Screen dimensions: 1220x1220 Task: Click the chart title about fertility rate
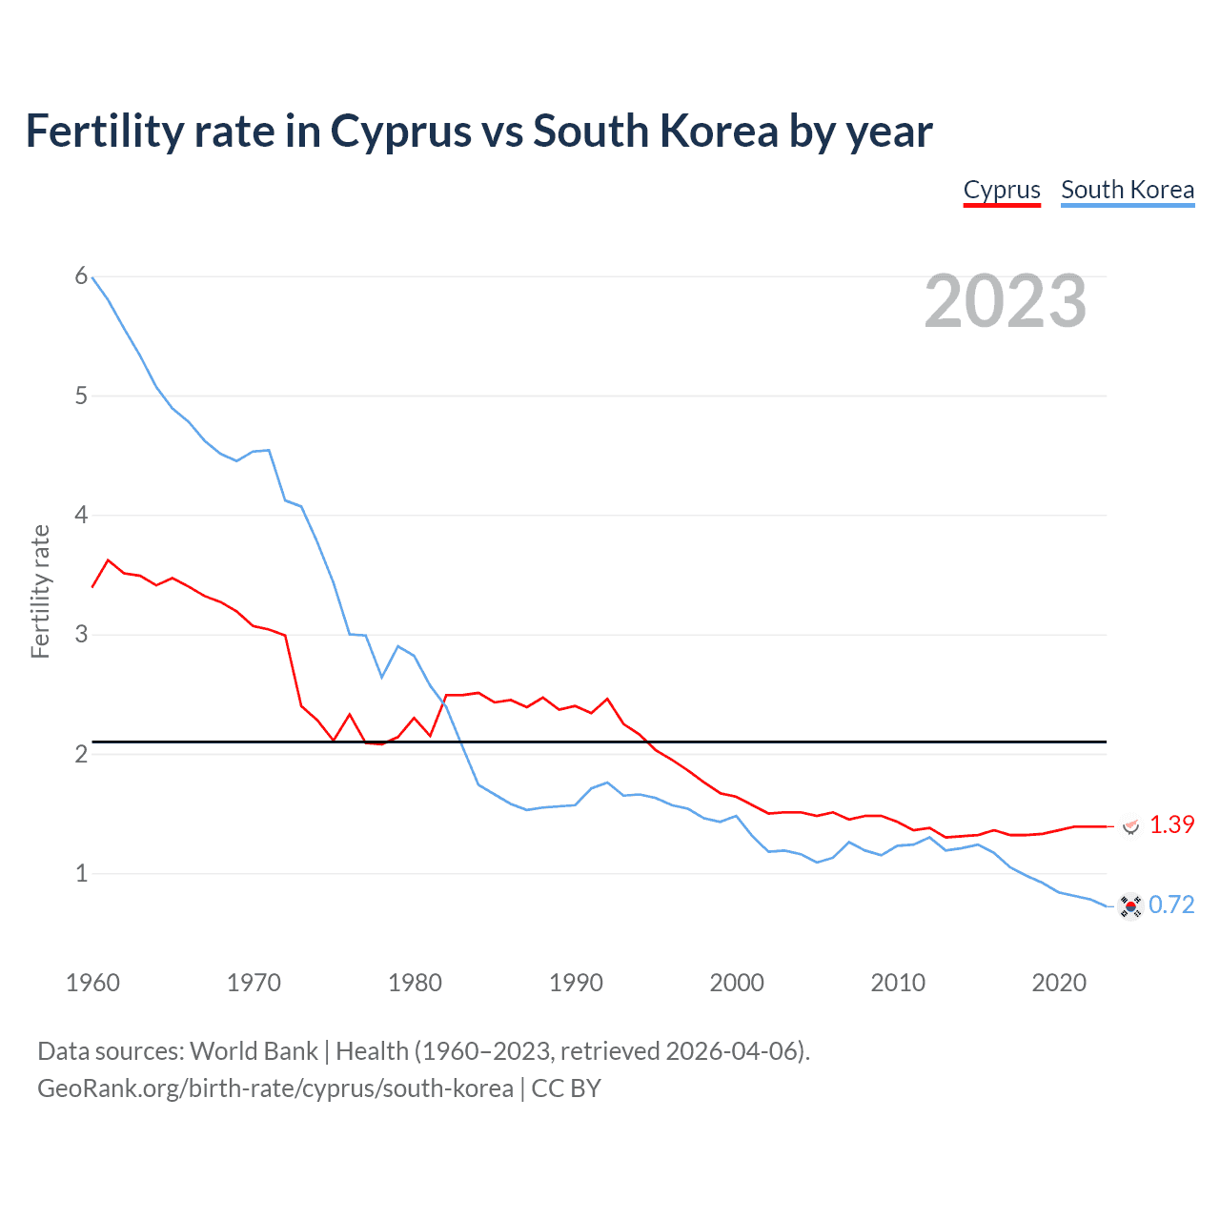(478, 132)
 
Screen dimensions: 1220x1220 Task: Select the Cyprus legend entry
(1002, 190)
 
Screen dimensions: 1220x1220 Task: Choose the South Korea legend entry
(1128, 190)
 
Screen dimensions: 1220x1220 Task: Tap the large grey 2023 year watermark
(1006, 301)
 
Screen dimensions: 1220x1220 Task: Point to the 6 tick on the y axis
(81, 276)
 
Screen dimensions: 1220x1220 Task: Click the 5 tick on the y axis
(81, 396)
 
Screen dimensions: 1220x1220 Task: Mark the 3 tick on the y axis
(81, 635)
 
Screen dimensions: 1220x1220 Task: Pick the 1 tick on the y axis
(81, 873)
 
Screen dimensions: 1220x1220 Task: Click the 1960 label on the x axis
(92, 983)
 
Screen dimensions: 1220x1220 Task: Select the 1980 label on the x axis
(415, 983)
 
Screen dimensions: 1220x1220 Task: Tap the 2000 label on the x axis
(737, 983)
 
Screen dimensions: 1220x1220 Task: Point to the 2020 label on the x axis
(1059, 983)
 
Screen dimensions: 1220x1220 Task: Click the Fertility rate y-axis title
(40, 591)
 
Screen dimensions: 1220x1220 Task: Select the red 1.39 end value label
(1171, 825)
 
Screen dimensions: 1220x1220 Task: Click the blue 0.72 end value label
(1171, 905)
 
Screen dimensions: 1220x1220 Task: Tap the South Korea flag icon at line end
(1130, 906)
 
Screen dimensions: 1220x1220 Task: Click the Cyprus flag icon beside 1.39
(1130, 825)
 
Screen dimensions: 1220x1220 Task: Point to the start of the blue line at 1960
(92, 277)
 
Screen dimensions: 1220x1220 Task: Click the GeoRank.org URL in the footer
(275, 1088)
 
